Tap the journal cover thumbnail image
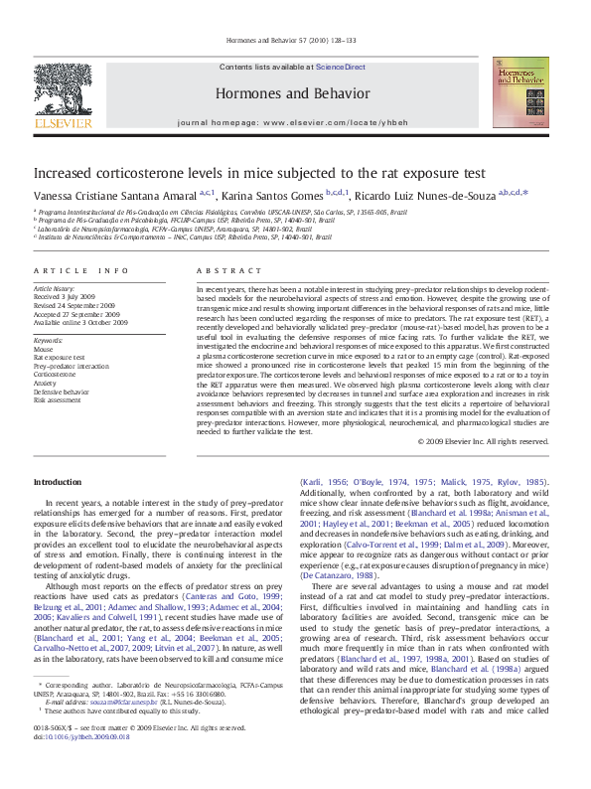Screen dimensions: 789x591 (518, 91)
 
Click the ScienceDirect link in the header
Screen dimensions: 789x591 (341, 68)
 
